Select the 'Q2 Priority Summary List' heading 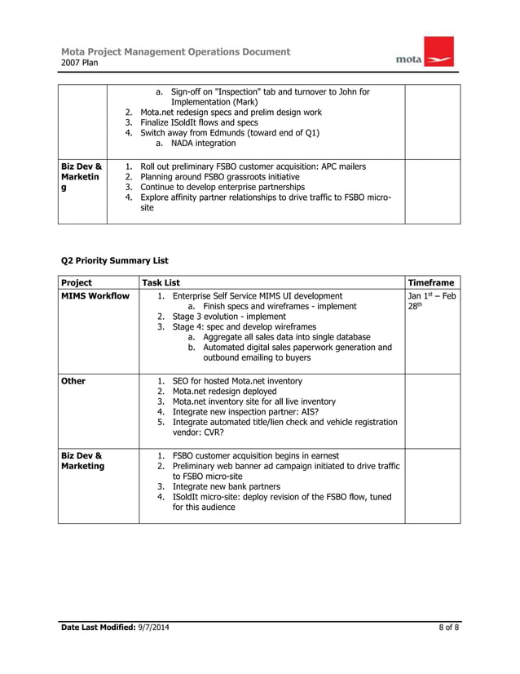pyautogui.click(x=115, y=260)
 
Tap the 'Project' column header pyautogui.click(x=77, y=282)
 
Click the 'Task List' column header pyautogui.click(x=161, y=282)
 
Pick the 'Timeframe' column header pyautogui.click(x=431, y=282)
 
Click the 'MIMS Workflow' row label pyautogui.click(x=95, y=295)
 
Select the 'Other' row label pyautogui.click(x=73, y=380)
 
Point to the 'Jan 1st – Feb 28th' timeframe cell pyautogui.click(x=431, y=301)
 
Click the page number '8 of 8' pyautogui.click(x=445, y=626)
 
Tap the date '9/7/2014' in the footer pyautogui.click(x=153, y=626)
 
